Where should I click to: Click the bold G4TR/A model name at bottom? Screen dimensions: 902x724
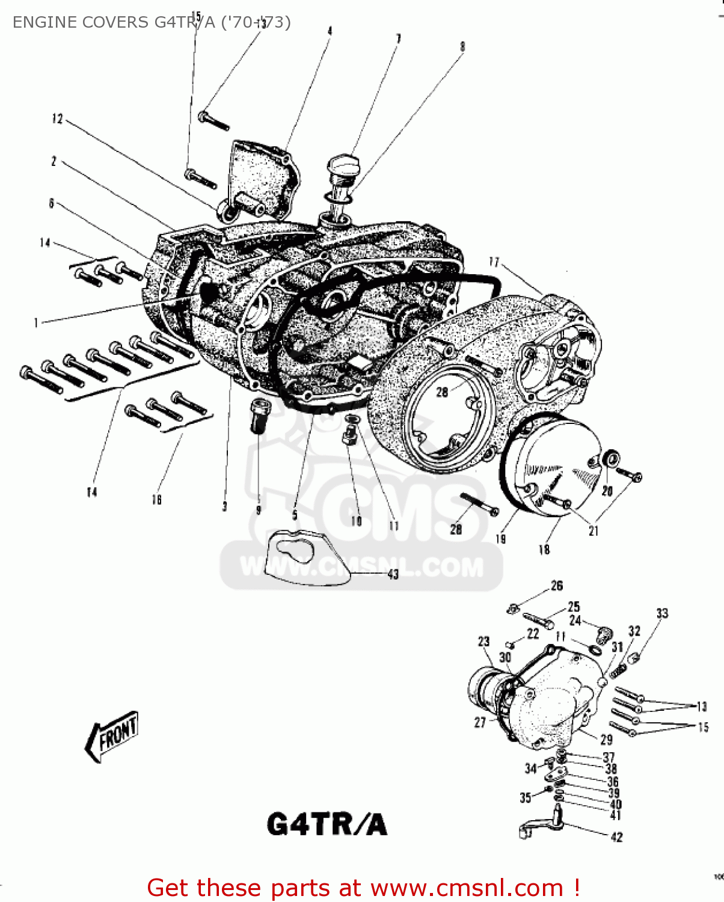pyautogui.click(x=327, y=824)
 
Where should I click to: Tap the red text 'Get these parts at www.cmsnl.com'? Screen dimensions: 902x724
pyautogui.click(x=363, y=888)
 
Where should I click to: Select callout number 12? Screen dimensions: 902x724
pyautogui.click(x=57, y=118)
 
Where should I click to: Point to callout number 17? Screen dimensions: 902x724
pyautogui.click(x=494, y=262)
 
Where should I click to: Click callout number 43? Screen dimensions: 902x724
pyautogui.click(x=393, y=574)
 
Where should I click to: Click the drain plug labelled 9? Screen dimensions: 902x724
pyautogui.click(x=259, y=414)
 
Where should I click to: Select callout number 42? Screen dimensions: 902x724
pyautogui.click(x=616, y=836)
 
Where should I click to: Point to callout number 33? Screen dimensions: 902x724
pyautogui.click(x=662, y=613)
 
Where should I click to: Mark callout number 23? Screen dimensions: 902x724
pyautogui.click(x=483, y=642)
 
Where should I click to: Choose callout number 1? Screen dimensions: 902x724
pyautogui.click(x=36, y=323)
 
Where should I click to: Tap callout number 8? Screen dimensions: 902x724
pyautogui.click(x=462, y=46)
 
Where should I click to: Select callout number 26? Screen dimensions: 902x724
pyautogui.click(x=557, y=585)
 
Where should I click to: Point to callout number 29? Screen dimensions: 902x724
pyautogui.click(x=606, y=740)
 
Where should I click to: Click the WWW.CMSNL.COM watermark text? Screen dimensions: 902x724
pyautogui.click(x=361, y=567)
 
